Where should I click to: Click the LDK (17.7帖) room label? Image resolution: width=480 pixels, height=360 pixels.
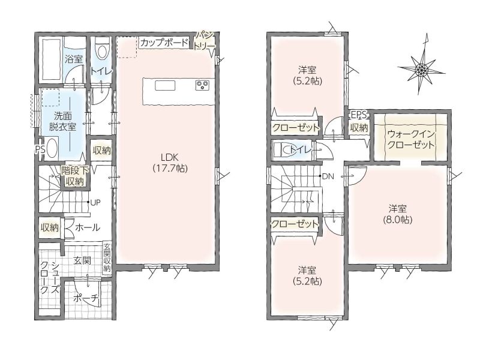pos(170,163)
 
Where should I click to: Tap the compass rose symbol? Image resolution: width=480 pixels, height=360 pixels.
pos(422,68)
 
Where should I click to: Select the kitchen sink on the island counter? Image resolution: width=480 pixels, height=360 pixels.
pos(165,85)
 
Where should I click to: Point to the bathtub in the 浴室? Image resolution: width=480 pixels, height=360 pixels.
pos(51,59)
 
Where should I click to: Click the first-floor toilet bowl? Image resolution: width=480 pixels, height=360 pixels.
pos(101,49)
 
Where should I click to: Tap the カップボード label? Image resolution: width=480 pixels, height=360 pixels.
pos(164,43)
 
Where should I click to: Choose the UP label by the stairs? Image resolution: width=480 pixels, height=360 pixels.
pos(95,202)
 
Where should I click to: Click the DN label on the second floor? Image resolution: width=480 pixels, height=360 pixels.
pos(328,176)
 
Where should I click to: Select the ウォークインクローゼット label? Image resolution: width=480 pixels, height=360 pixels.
pos(411,139)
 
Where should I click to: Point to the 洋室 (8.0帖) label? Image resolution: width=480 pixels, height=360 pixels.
pos(397,214)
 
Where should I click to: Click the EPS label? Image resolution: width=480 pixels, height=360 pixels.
pos(359,115)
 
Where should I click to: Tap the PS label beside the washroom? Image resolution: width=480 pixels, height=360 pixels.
pos(40,149)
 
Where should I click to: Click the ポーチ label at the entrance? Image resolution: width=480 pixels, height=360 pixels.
pos(86,298)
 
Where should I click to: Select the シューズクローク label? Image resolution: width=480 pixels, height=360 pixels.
pos(50,278)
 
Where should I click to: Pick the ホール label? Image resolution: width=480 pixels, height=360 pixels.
pos(87,227)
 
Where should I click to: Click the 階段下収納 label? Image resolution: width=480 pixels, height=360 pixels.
pos(75,176)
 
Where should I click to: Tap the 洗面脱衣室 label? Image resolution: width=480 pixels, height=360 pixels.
pos(63,121)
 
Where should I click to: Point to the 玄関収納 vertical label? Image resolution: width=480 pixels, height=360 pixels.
pos(107,258)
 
